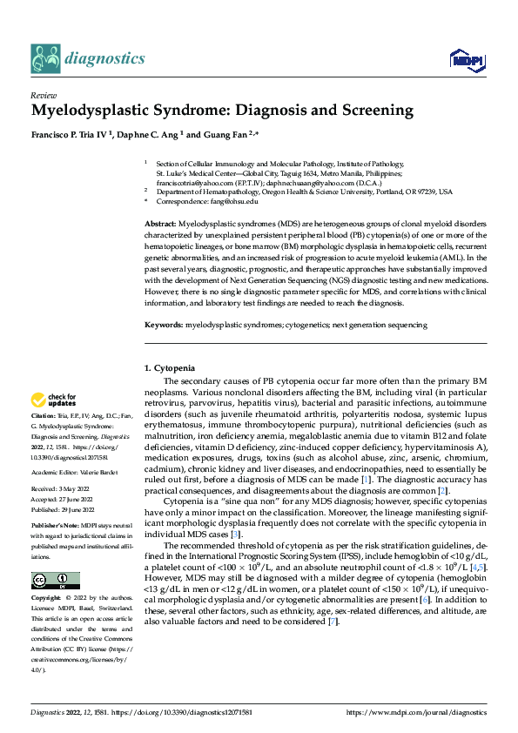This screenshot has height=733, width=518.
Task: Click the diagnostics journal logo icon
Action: [45, 58]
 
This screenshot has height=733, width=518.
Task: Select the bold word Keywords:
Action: [163, 325]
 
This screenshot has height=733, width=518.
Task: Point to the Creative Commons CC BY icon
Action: [55, 581]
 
